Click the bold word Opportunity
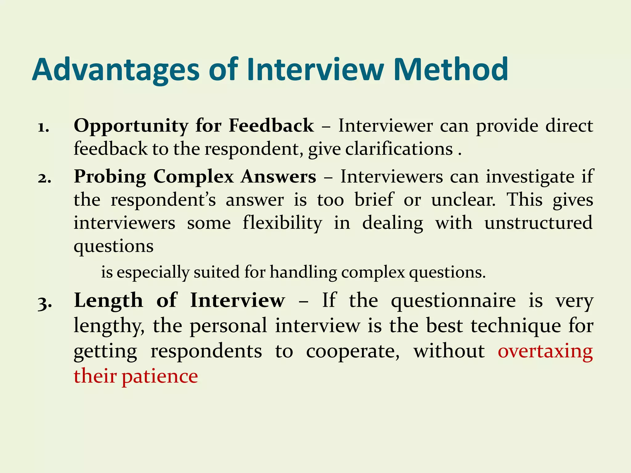131,126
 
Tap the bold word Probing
110,177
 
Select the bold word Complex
193,177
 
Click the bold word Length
108,301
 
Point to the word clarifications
399,150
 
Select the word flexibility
282,223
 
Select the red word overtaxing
545,351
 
